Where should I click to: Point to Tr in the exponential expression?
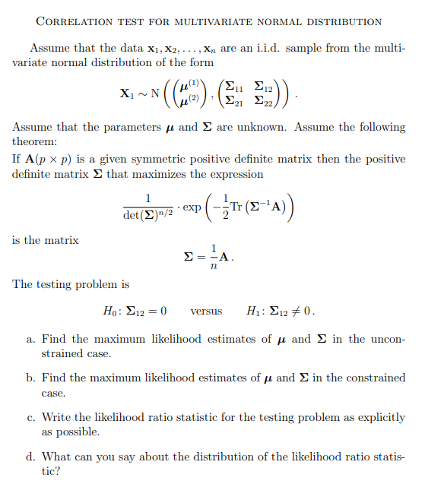pyautogui.click(x=246, y=207)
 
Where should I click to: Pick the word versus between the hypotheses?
pyautogui.click(x=206, y=312)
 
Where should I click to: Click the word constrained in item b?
pyautogui.click(x=369, y=378)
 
